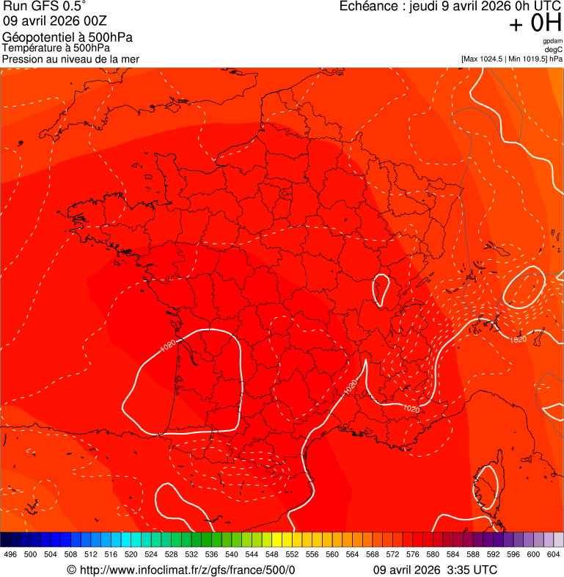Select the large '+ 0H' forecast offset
535,23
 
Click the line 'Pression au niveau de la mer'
70,59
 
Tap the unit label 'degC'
554,49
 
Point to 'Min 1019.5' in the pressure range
526,59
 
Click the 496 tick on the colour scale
10,554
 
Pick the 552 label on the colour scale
292,554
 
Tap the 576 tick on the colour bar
413,554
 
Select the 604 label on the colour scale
554,554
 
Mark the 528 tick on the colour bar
171,554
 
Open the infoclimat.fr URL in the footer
187,570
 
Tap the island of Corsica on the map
486,488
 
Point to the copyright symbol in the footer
71,570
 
